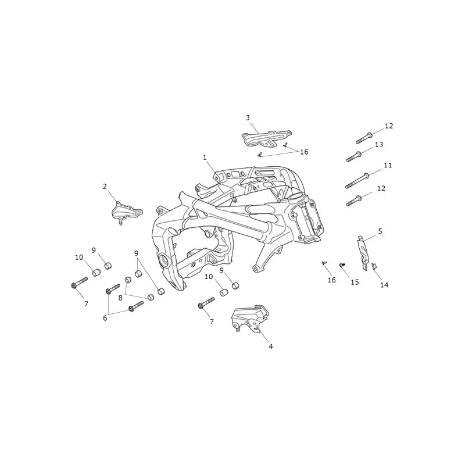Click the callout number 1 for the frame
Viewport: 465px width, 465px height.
[205, 158]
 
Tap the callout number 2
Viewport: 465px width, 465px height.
[105, 187]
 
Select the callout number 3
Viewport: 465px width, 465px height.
[248, 118]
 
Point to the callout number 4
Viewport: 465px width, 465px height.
[271, 346]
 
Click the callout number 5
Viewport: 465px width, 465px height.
[381, 231]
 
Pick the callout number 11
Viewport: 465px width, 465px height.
[388, 165]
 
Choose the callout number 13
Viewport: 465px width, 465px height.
[379, 144]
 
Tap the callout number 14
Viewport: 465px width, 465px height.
[384, 285]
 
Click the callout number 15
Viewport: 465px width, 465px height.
[355, 282]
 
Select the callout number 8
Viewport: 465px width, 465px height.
[120, 298]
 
